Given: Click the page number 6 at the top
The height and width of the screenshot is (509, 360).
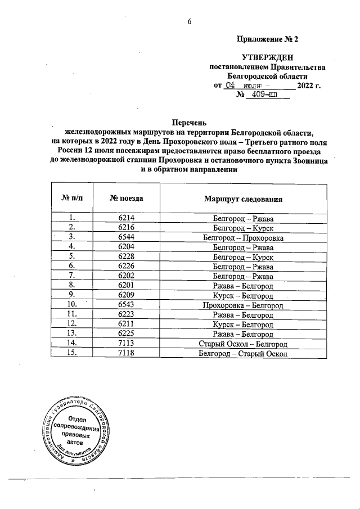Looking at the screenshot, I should pos(190,22).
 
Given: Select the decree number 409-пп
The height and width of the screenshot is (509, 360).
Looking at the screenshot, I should pos(267,96).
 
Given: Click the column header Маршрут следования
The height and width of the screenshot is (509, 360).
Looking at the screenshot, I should pos(243,199).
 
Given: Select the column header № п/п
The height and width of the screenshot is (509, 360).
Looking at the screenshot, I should pos(71,199).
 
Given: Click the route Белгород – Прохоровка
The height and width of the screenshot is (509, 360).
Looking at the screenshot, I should pos(243,237).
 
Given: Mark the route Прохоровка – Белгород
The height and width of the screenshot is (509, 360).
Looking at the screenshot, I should pos(243,305).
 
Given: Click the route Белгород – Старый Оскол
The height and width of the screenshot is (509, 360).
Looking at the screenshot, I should pos(243,354).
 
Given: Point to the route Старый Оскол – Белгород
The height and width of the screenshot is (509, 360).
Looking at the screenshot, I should pos(243,344).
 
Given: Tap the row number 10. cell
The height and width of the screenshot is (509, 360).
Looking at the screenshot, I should pos(71,305).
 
